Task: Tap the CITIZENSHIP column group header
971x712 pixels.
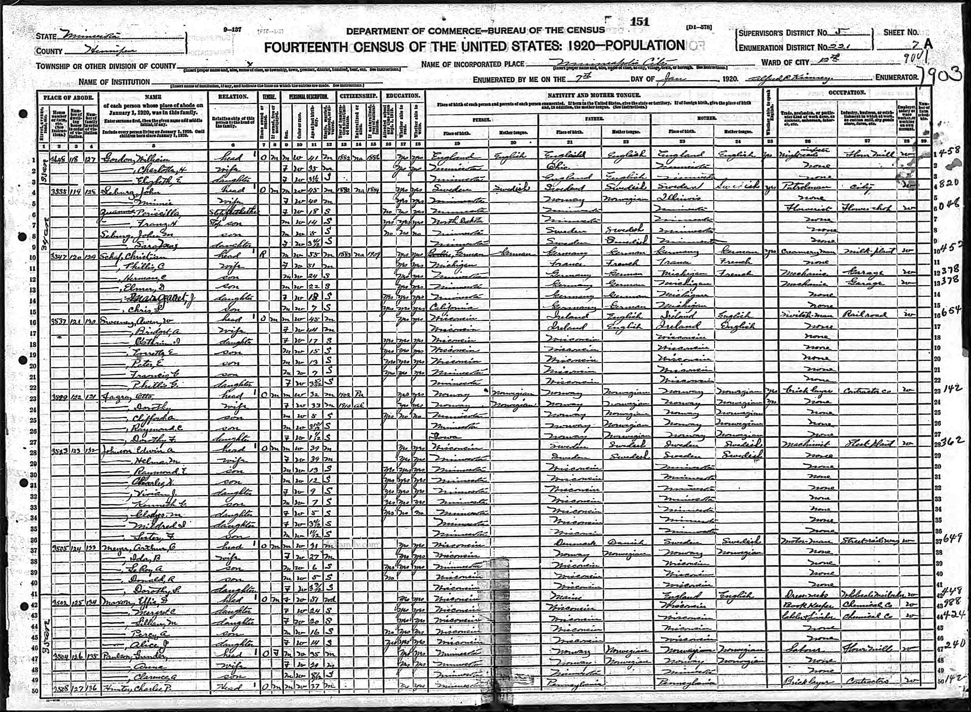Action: click(358, 96)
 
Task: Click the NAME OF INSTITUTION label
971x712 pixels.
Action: click(114, 82)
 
